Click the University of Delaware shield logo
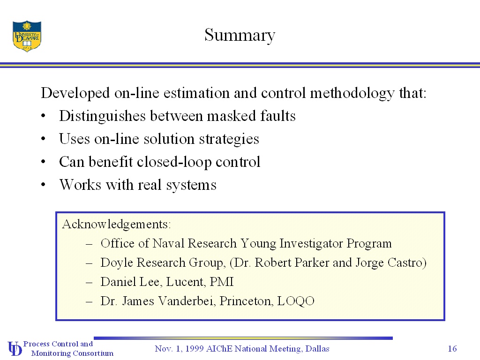coord(27,36)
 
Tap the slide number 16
coord(452,348)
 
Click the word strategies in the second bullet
coord(229,139)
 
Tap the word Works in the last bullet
coord(80,185)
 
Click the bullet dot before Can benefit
coord(43,162)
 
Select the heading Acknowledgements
coord(116,225)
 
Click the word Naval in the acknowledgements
coord(168,243)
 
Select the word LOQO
coord(296,301)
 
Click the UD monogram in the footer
coord(15,349)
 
